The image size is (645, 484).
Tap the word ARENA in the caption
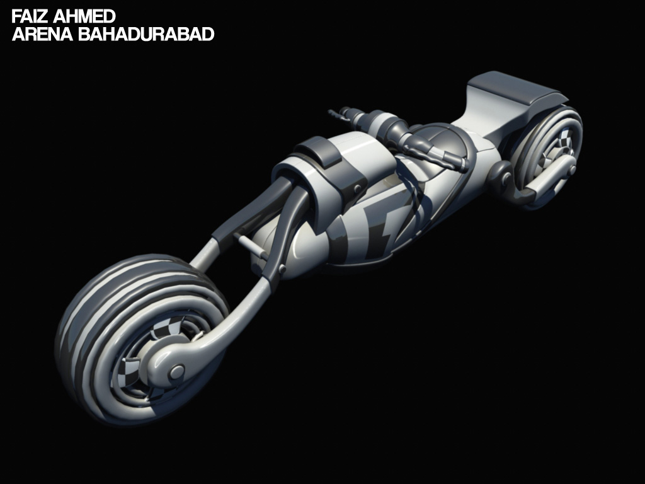click(x=43, y=34)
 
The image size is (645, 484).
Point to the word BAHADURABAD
click(x=146, y=34)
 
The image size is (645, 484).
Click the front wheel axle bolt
click(x=177, y=372)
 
